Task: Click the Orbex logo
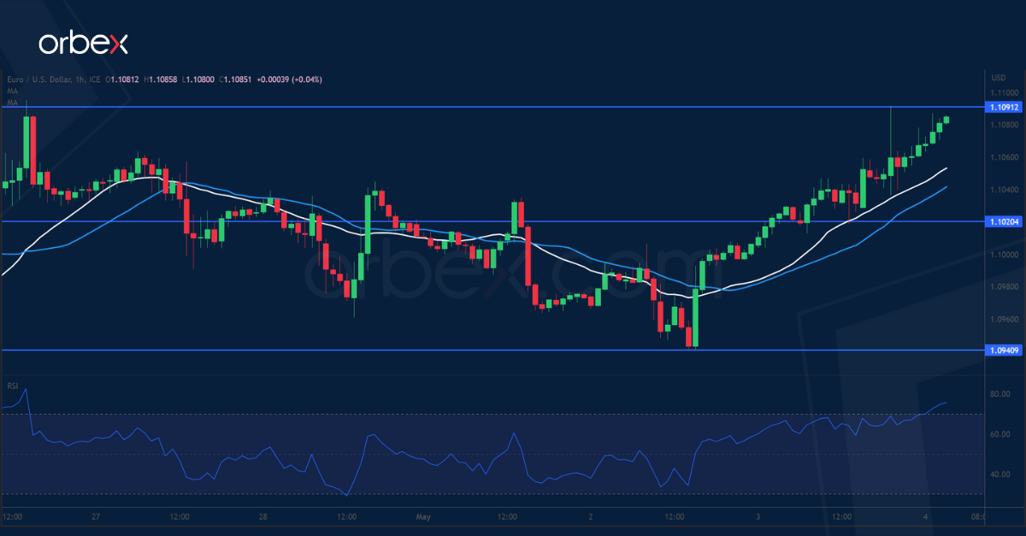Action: click(83, 44)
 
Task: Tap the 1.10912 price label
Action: click(1002, 107)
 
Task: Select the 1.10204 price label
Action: click(1002, 221)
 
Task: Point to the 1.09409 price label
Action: click(1002, 350)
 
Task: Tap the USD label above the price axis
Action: click(997, 76)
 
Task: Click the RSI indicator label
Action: click(13, 386)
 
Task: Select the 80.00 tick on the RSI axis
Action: click(1000, 395)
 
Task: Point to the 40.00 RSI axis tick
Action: click(1000, 474)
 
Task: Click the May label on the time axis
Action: click(423, 517)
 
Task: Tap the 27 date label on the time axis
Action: click(97, 517)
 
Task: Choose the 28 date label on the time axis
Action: click(263, 517)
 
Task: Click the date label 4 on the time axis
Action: click(926, 517)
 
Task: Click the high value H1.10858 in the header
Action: click(163, 80)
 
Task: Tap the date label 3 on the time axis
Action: click(758, 517)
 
